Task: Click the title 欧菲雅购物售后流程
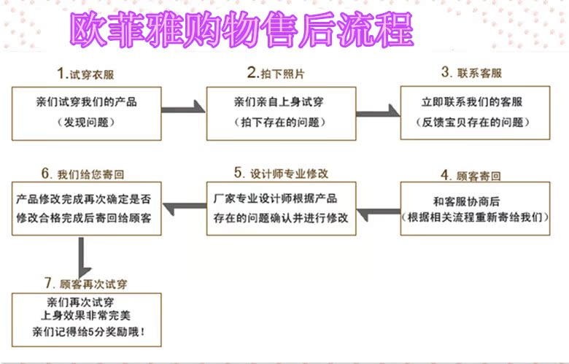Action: click(241, 29)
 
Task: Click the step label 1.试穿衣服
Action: click(86, 73)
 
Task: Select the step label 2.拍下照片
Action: click(275, 73)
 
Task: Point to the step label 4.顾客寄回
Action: click(471, 175)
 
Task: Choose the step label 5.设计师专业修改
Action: click(282, 173)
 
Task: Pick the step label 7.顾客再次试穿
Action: click(85, 283)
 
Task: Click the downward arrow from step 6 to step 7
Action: click(82, 257)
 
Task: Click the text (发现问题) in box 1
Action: click(86, 123)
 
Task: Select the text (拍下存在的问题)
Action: click(281, 123)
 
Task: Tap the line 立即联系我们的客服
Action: click(473, 102)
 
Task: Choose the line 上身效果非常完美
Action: click(86, 316)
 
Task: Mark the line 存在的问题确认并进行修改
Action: click(281, 218)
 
